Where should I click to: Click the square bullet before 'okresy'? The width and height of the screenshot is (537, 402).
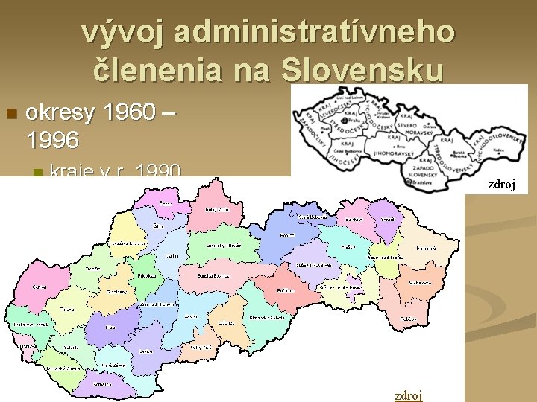10,114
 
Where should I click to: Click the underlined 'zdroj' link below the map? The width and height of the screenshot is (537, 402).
408,395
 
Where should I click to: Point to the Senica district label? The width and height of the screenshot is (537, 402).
40,287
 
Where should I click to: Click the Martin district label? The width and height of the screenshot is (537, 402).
171,256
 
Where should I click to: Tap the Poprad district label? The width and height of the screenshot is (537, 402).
286,235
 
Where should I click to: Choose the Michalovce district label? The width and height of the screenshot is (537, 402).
419,284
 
